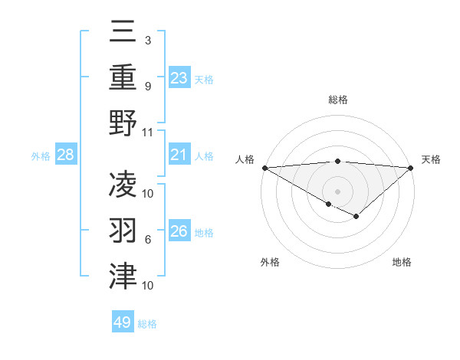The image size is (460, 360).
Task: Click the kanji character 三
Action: click(123, 32)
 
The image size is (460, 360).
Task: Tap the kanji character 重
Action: click(123, 77)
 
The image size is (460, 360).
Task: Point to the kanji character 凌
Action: click(123, 184)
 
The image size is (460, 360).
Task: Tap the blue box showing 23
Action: click(179, 78)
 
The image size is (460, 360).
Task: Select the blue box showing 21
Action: click(179, 155)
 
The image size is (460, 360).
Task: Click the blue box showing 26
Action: click(179, 231)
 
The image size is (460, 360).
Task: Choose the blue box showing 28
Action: click(66, 155)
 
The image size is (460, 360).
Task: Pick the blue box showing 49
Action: click(122, 322)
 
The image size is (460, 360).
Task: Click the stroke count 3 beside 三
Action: click(147, 39)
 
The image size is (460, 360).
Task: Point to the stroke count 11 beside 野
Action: click(148, 132)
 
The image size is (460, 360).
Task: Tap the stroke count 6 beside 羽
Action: click(147, 240)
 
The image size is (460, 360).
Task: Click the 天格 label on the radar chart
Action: click(431, 159)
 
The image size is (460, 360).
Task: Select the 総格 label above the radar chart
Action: click(337, 100)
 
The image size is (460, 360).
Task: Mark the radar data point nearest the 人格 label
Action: click(264, 167)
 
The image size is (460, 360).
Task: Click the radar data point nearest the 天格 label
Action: click(410, 167)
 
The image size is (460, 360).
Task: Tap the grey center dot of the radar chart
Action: click(337, 191)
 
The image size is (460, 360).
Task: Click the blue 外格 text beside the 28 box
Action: click(41, 156)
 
